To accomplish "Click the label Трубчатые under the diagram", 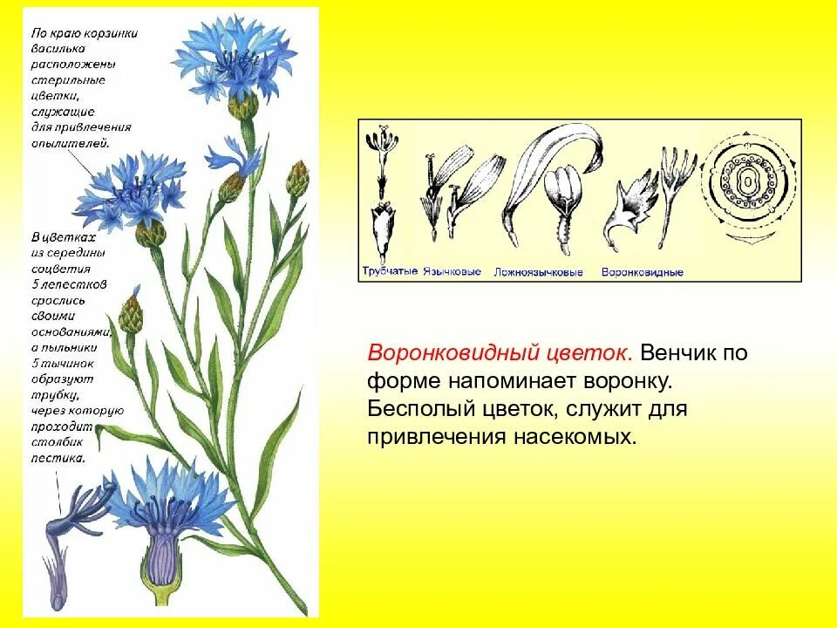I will pos(389,272).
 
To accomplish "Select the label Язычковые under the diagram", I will pos(452,272).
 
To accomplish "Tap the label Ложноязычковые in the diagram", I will pos(538,272).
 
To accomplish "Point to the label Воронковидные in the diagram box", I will pos(642,272).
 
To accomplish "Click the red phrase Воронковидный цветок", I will pos(500,353).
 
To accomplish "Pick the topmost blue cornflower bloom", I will pos(229,59).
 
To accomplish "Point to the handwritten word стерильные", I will pos(68,80).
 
